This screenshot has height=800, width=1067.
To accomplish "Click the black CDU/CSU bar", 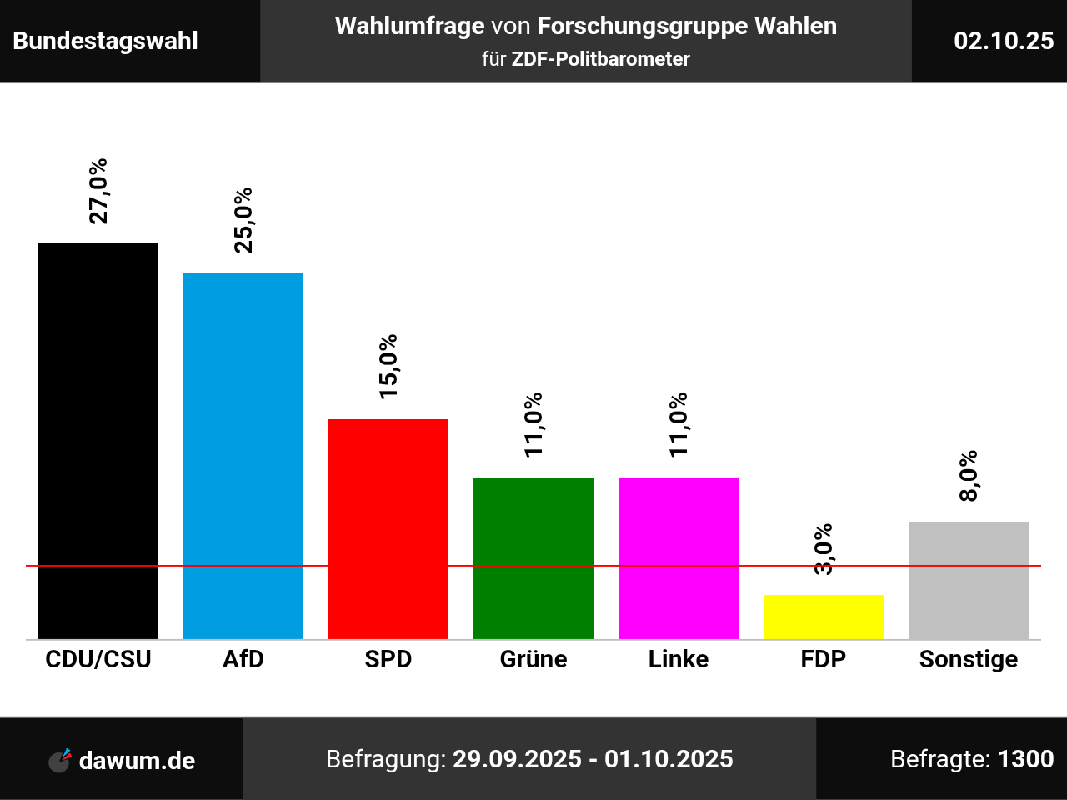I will [98, 441].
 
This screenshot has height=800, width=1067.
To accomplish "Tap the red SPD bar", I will [388, 528].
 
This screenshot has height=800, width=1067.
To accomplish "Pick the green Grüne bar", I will [533, 557].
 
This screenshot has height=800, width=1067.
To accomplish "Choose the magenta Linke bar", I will [679, 557].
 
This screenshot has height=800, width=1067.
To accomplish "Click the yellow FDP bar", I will [824, 617].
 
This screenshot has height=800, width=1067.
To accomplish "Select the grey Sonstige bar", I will [969, 580].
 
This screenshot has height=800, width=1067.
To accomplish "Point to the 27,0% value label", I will [98, 191].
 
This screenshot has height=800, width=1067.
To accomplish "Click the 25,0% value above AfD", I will [243, 220].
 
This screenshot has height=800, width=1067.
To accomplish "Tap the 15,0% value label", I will [388, 367].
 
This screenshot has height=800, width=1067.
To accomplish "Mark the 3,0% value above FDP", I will [824, 549].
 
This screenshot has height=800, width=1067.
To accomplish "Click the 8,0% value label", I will [969, 476].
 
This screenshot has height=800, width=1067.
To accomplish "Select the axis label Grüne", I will [533, 659].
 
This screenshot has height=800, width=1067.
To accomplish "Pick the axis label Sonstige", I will [969, 659].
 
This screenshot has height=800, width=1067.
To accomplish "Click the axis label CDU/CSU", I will [98, 659].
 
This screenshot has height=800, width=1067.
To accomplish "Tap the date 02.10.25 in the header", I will [1004, 41].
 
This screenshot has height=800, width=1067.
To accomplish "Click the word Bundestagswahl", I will [106, 41].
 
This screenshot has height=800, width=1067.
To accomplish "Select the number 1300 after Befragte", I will [1025, 759].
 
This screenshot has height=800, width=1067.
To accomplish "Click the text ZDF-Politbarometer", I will [600, 59].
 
